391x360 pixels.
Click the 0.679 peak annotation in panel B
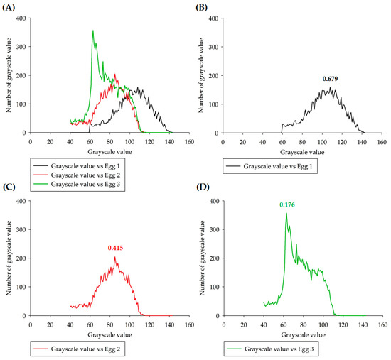(x=330, y=79)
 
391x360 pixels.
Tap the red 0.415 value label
(x=115, y=248)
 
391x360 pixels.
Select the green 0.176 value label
(x=287, y=204)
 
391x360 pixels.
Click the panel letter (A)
(x=9, y=8)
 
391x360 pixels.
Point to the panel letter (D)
(x=203, y=187)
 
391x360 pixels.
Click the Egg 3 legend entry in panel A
(x=77, y=184)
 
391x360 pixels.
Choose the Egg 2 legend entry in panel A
(x=77, y=175)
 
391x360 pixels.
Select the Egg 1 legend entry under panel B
(x=269, y=166)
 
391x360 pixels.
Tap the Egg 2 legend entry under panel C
(x=77, y=349)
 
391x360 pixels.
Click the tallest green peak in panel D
(x=286, y=213)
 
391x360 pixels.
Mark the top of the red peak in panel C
(x=114, y=257)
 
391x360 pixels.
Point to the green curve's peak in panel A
(x=93, y=31)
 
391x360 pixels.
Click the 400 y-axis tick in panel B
(x=213, y=18)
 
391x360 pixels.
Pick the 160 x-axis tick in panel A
(x=189, y=142)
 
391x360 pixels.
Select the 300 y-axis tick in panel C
(x=21, y=229)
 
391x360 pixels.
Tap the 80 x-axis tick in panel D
(x=304, y=325)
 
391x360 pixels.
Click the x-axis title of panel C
(x=109, y=335)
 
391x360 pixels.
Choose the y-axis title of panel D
(x=202, y=258)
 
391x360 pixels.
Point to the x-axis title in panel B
(x=302, y=152)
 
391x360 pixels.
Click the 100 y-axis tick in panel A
(x=21, y=104)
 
